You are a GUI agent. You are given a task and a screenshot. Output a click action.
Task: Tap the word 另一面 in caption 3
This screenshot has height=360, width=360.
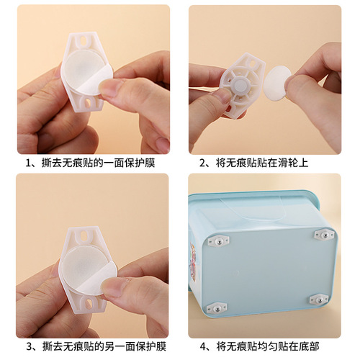[118, 344]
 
